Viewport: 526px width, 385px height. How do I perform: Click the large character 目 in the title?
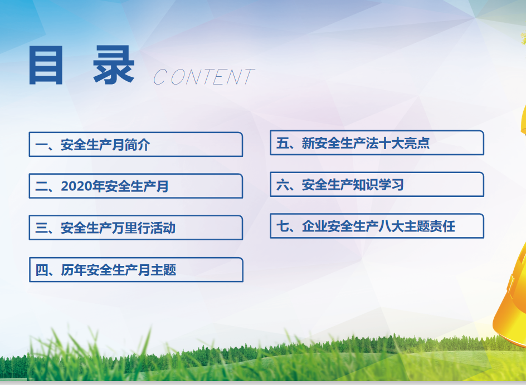[x=46, y=65]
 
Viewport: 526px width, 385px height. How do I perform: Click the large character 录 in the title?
[x=114, y=65]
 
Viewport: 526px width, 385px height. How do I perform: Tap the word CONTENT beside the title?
[x=203, y=77]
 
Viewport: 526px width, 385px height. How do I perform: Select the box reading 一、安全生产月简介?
[x=136, y=145]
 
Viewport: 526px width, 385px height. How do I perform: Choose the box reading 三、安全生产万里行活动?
[x=136, y=228]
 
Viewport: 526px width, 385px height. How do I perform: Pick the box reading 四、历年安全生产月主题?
[x=136, y=269]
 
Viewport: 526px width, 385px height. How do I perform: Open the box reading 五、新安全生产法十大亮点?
[x=377, y=143]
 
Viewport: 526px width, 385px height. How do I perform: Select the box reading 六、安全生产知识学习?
[x=377, y=184]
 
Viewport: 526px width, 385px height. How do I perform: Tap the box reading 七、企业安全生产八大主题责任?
[x=377, y=226]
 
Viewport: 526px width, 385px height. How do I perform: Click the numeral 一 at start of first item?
[x=42, y=145]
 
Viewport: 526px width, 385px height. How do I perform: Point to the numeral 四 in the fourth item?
[x=42, y=270]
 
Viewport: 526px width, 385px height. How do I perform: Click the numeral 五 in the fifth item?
[x=283, y=143]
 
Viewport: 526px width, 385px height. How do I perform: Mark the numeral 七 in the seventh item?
[x=283, y=226]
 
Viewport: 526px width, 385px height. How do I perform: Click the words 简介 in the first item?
[x=137, y=145]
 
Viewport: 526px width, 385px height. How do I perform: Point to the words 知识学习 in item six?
[x=378, y=185]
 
